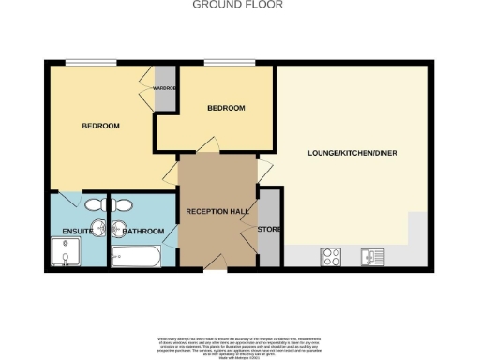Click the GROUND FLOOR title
click(237, 5)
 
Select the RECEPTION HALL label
click(217, 212)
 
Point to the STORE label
click(269, 230)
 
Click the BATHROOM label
click(142, 232)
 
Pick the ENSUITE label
click(77, 232)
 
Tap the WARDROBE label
click(165, 89)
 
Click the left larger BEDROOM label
click(100, 127)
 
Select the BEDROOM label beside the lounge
click(226, 108)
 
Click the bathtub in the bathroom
click(136, 256)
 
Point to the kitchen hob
click(331, 254)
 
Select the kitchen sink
click(376, 254)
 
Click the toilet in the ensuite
click(94, 204)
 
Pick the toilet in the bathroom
click(124, 204)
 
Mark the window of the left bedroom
click(90, 63)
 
